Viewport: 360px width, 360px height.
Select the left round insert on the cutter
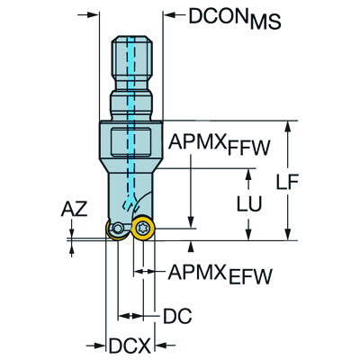(x=116, y=230)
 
